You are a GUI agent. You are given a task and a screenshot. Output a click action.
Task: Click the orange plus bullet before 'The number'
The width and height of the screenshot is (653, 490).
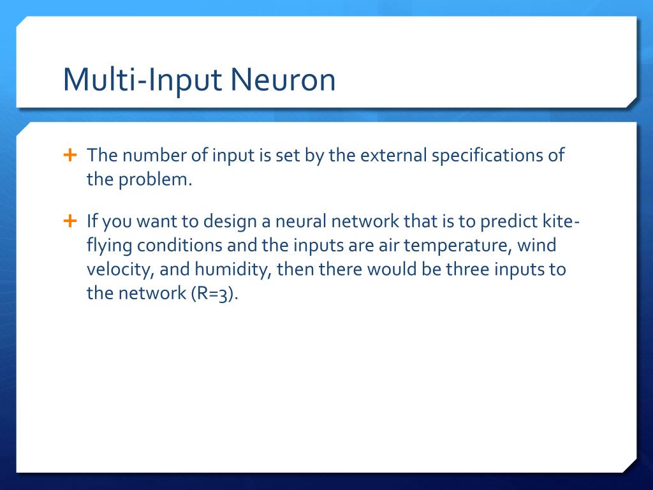[x=70, y=155]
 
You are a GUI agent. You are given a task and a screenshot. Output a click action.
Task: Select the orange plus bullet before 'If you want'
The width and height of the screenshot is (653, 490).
[x=70, y=221]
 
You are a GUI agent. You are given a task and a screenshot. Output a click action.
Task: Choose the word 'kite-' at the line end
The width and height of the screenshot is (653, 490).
[x=562, y=222]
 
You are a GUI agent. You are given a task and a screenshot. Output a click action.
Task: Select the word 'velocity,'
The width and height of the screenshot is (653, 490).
[x=120, y=270]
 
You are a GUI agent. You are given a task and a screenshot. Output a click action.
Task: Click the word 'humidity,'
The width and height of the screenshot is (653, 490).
[x=237, y=270]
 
